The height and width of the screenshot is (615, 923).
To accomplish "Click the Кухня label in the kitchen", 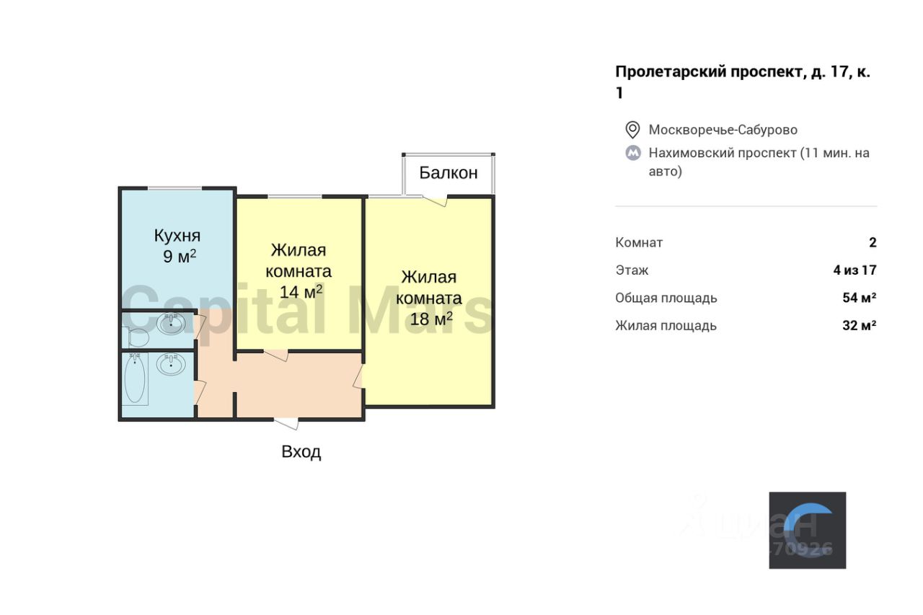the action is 177,235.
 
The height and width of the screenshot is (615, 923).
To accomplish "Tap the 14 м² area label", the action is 301,292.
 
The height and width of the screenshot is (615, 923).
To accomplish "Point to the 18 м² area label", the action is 431,319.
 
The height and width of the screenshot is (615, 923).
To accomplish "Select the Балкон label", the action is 449,173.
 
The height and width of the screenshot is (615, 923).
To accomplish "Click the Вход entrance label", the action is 301,452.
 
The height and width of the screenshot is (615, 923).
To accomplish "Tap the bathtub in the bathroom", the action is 135,379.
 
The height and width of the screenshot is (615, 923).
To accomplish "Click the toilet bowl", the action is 136,337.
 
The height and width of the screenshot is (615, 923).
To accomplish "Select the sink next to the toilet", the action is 171,324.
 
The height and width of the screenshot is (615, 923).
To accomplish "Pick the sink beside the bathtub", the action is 171,364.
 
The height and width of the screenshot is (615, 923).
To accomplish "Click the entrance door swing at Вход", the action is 286,424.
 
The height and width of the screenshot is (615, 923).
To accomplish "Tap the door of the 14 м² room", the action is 276,355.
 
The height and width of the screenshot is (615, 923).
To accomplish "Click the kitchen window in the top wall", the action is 175,188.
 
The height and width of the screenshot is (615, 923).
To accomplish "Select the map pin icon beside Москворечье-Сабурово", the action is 632,130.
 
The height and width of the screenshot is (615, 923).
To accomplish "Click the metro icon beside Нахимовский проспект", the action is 632,153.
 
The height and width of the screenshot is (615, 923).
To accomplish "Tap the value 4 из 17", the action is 854,270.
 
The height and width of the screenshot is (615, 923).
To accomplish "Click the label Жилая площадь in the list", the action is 666,325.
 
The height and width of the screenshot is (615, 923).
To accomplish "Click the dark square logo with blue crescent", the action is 807,530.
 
